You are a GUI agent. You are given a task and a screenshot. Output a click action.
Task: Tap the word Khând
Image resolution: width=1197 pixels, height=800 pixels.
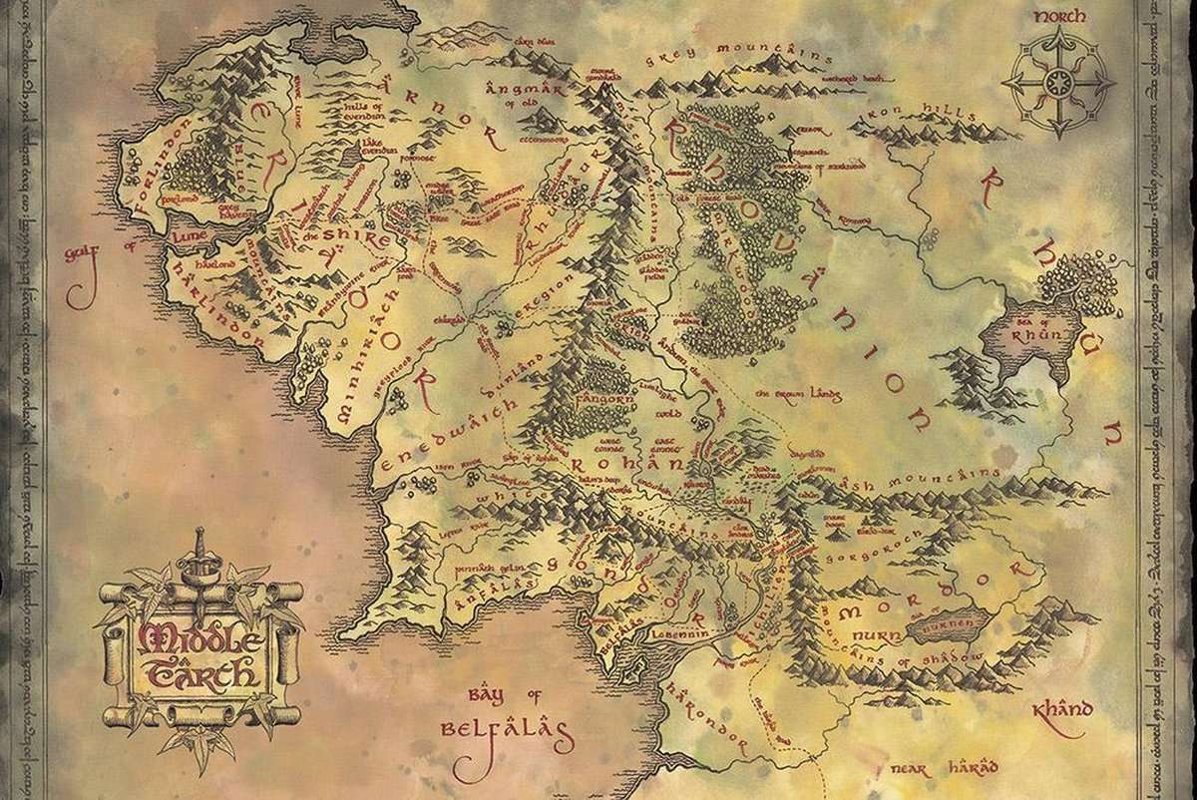pyautogui.click(x=1061, y=712)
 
